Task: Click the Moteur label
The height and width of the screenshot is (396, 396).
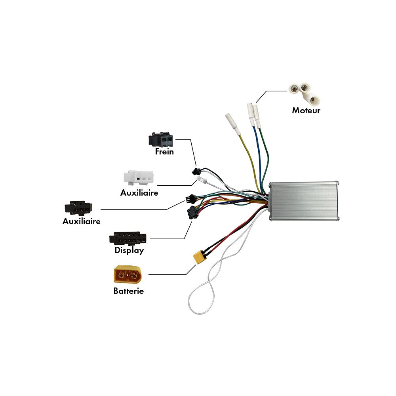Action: coord(306,110)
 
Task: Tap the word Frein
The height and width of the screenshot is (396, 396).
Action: coord(164,151)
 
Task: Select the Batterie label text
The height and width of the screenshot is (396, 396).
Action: coord(128,291)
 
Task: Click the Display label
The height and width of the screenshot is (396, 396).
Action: coord(129,250)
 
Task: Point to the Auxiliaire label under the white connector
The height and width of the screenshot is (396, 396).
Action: coord(139,193)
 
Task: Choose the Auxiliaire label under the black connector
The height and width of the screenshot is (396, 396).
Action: coord(81,221)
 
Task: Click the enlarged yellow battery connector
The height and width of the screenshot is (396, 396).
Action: coord(127,274)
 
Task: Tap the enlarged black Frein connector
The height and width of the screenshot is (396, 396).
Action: coord(161,139)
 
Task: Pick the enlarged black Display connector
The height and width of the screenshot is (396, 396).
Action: coord(128,239)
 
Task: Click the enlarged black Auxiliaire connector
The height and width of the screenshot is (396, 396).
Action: coord(78,208)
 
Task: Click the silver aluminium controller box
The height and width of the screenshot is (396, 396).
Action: coord(304,201)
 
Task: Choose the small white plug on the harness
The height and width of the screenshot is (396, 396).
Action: coord(202,180)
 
